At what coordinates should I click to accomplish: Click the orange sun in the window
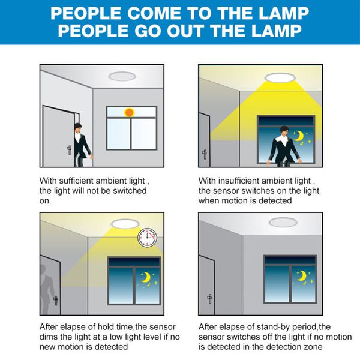[129, 113]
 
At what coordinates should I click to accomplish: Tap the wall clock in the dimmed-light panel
[148, 238]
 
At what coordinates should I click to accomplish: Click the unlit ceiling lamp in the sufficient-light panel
[122, 76]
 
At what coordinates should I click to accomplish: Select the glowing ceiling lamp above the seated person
[279, 77]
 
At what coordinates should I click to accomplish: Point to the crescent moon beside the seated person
[299, 136]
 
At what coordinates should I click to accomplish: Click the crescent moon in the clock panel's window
[146, 277]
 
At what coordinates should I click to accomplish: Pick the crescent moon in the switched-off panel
[302, 276]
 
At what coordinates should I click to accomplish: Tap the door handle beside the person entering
[69, 149]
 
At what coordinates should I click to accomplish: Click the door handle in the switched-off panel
[209, 299]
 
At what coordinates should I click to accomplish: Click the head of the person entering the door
[78, 128]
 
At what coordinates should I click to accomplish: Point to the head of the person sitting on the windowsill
[284, 131]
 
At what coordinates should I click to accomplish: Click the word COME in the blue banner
[154, 13]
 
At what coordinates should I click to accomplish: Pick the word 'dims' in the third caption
[49, 337]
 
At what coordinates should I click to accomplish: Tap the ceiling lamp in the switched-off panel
[283, 223]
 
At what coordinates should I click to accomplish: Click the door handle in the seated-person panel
[205, 155]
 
